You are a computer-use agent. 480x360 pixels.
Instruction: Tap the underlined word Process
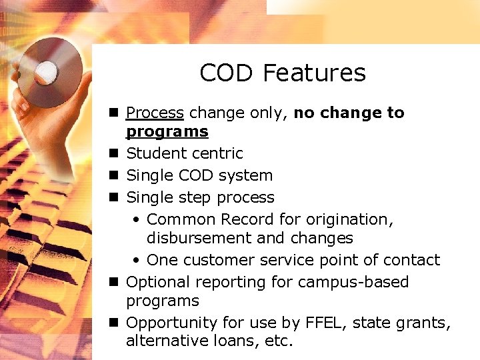155,113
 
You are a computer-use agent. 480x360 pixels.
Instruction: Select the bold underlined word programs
167,131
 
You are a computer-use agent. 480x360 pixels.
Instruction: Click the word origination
346,219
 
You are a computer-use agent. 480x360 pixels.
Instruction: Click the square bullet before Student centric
114,153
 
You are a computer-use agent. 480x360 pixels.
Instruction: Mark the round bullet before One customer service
136,260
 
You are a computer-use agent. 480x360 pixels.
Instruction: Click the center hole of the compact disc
46,70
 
